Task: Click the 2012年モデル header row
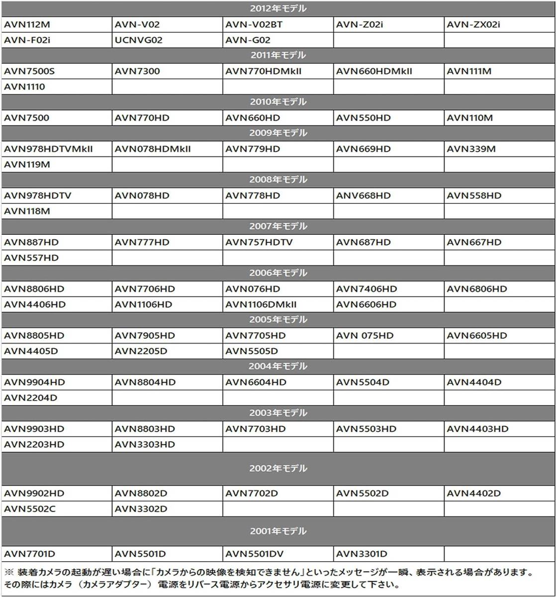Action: tap(278, 8)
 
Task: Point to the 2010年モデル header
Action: tap(278, 102)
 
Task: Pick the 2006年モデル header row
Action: tap(278, 273)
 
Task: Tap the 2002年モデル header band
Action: tap(278, 469)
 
